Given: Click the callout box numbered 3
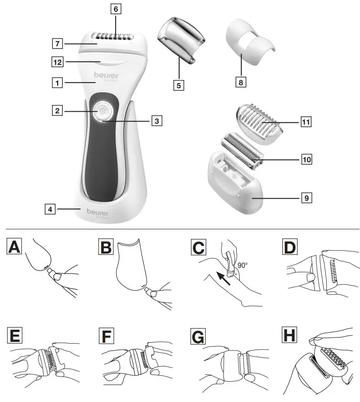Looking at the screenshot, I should [157, 121].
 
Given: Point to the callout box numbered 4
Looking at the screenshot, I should [50, 209].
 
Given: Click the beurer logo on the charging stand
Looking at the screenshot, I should [97, 212].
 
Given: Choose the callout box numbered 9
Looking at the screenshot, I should [306, 198].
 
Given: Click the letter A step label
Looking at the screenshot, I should [14, 247].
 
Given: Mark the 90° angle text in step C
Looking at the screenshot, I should [242, 265].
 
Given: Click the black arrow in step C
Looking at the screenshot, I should [223, 277].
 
